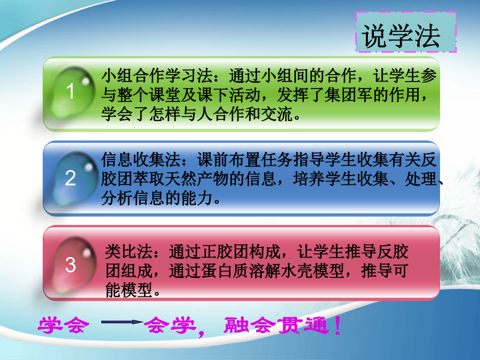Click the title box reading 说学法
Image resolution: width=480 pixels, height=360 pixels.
[406, 32]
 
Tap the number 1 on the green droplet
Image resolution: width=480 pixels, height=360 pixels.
[70, 91]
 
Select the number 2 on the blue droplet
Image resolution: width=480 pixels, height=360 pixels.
[70, 178]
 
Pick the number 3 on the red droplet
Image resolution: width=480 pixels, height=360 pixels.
[70, 265]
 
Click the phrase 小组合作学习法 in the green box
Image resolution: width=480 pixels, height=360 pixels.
[157, 76]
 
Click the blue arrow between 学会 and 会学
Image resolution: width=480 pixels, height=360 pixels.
[122, 322]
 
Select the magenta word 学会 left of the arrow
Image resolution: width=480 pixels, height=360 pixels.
[63, 325]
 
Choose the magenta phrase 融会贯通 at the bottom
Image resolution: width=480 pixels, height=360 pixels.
[277, 325]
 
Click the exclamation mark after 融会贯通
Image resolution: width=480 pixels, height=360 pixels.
[338, 325]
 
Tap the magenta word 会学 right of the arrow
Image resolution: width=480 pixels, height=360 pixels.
[170, 325]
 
